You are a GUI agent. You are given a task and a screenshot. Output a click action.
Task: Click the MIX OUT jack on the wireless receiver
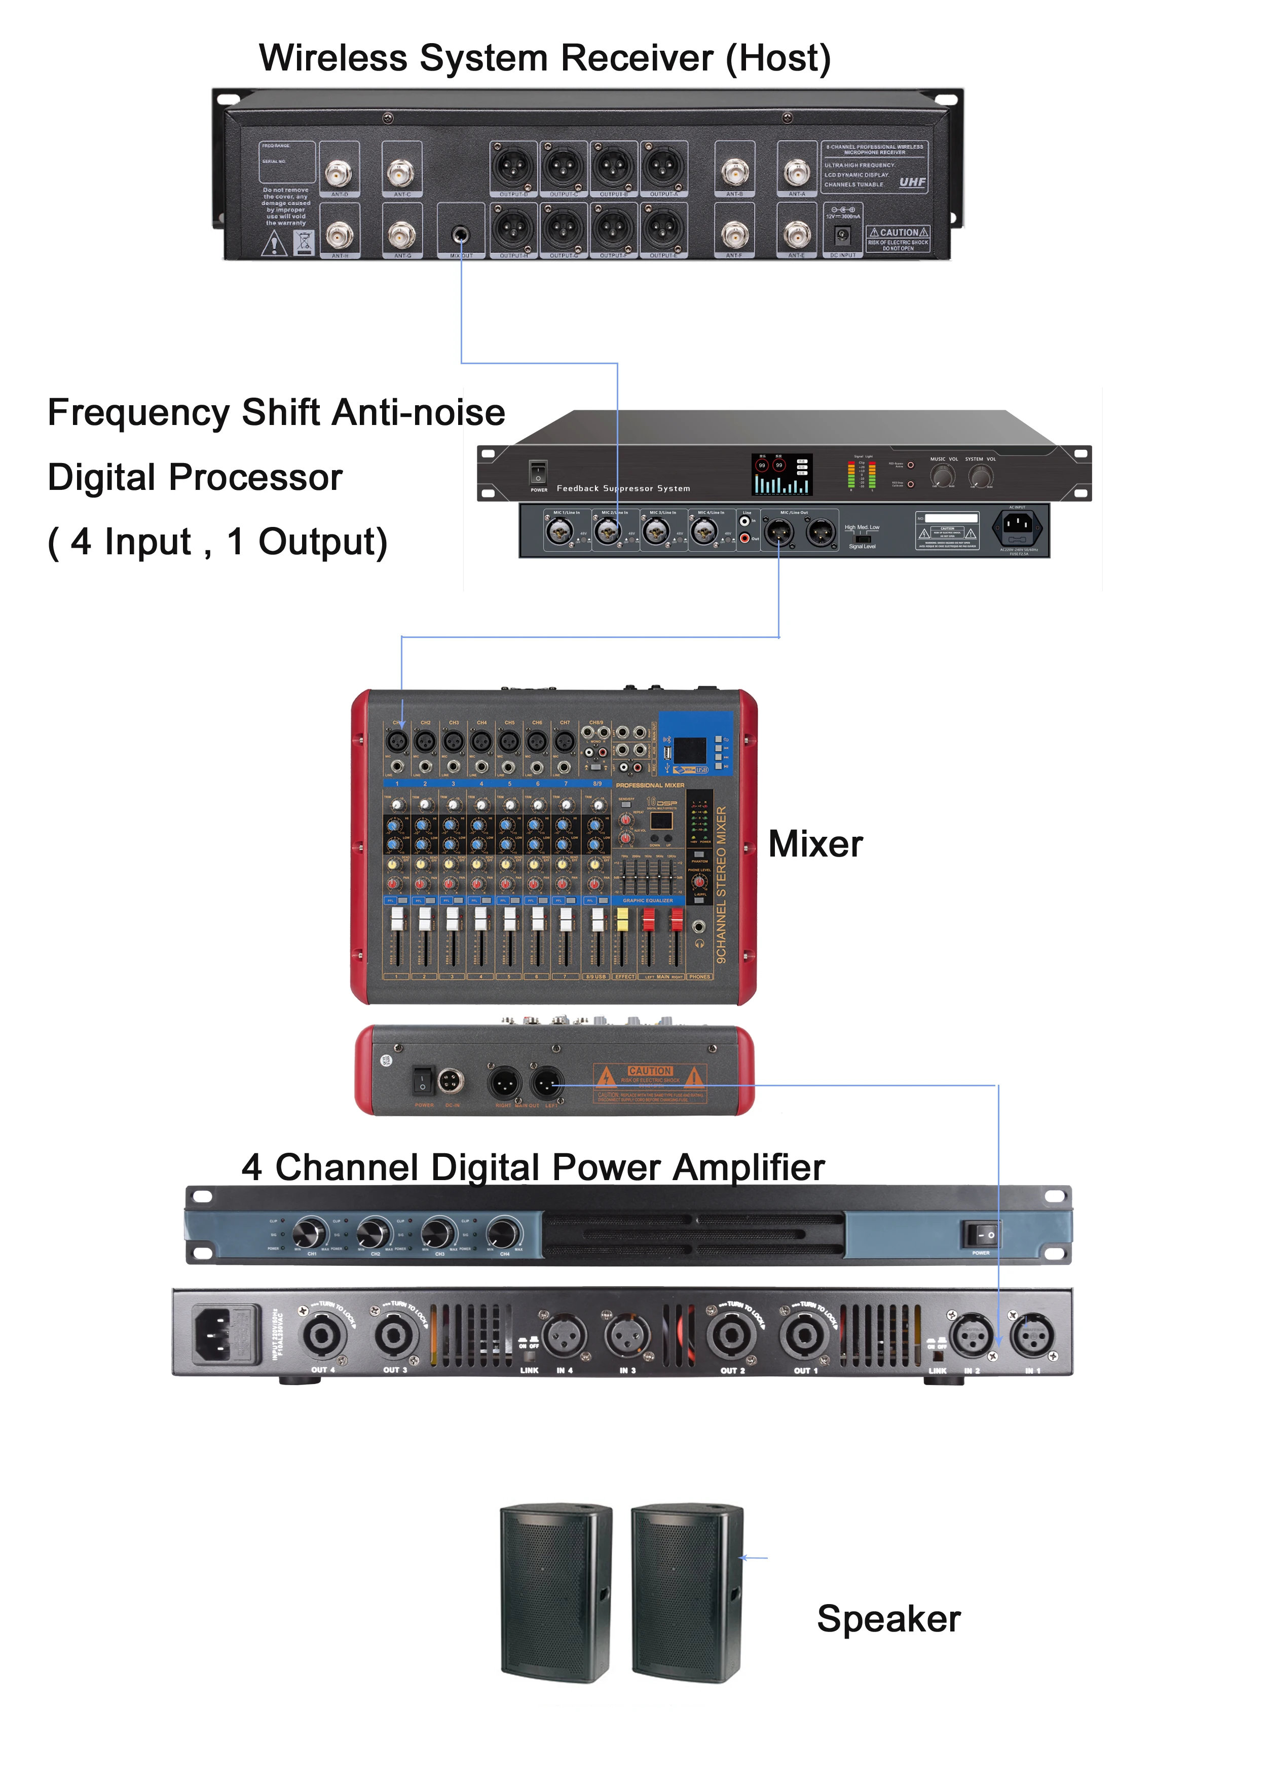pos(461,234)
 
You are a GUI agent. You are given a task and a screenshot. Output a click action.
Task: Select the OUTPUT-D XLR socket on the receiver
pos(512,166)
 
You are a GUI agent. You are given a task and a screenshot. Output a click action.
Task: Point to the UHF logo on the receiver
pos(912,182)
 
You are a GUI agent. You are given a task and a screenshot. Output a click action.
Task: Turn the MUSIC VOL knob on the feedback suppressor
pos(943,475)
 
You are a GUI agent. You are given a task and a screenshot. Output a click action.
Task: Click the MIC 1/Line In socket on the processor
pos(560,531)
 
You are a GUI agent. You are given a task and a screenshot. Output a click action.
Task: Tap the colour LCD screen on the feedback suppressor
pos(781,475)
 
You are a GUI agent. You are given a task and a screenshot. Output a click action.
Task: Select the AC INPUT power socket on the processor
pos(1017,528)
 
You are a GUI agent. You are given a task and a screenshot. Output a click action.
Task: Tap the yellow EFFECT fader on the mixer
pos(622,919)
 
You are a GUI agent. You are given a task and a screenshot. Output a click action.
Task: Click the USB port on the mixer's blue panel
pos(667,753)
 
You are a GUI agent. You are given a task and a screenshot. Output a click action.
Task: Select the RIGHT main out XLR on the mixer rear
pos(504,1082)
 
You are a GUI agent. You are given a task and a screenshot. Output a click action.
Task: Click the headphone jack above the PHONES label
pos(699,927)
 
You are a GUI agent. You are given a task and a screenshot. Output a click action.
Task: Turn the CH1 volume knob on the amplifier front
pos(309,1233)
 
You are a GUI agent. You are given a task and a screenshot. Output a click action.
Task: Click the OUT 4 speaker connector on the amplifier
pos(321,1335)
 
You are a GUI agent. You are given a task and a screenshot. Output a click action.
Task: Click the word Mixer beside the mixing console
pos(815,844)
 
